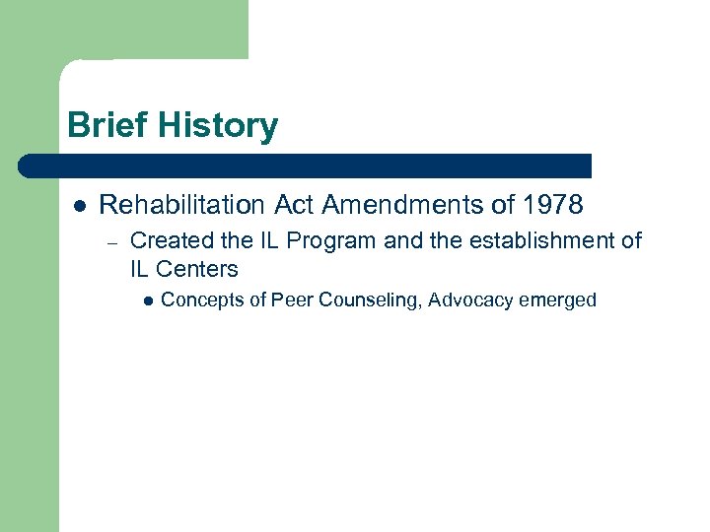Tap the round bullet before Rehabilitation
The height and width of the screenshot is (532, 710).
point(80,206)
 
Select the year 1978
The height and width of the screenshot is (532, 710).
point(554,205)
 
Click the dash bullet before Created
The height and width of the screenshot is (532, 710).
point(113,241)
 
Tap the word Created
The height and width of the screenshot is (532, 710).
point(168,240)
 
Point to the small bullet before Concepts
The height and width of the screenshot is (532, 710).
point(147,300)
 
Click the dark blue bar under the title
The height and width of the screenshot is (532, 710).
point(306,165)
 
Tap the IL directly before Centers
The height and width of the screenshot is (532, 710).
point(140,269)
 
